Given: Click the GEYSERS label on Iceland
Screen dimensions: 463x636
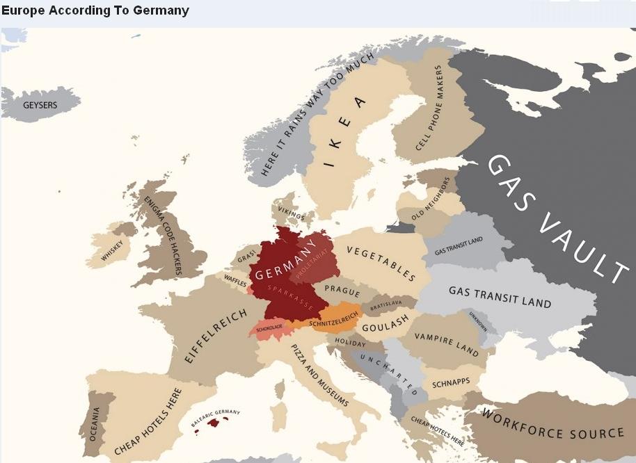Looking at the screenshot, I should coord(40,106).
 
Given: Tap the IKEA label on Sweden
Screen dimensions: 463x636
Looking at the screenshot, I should coord(345,132).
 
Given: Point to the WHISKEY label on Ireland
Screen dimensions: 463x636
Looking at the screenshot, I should coord(111,250).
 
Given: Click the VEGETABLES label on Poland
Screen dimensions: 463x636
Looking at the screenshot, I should coord(381,263).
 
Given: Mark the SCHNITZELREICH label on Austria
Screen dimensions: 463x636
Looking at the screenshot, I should coord(334,315).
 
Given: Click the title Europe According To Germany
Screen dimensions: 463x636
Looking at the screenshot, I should coord(95,11).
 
